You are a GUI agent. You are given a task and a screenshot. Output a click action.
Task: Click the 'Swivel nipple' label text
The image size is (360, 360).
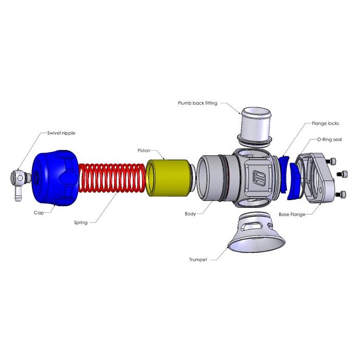[61, 133]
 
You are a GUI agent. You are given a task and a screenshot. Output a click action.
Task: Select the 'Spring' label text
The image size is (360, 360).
[81, 223]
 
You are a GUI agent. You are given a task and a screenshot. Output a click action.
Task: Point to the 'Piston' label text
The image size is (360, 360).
[143, 151]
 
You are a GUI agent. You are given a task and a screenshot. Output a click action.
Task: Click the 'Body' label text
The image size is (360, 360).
[190, 213]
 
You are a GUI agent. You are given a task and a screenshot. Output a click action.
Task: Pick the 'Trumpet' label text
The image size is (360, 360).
[198, 260]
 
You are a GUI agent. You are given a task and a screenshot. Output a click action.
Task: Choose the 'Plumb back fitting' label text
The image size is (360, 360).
[198, 103]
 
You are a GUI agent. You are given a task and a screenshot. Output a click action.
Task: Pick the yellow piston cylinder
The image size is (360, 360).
[168, 178]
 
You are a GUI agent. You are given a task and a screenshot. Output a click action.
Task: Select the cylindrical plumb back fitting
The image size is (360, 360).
[256, 123]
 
